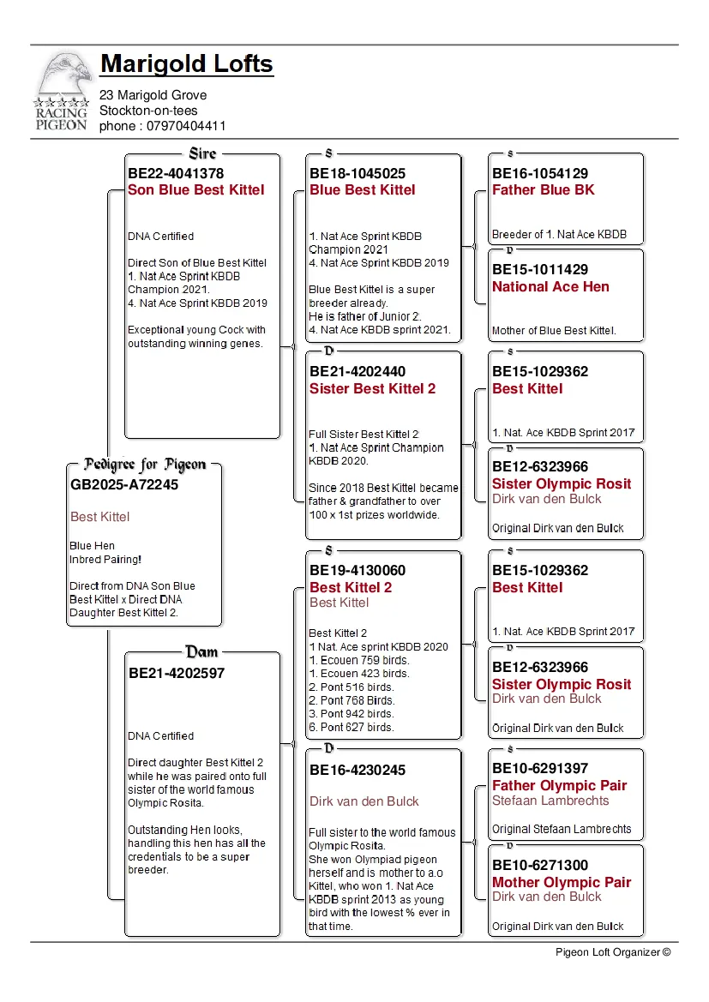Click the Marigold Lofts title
point(187,64)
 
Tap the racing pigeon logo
point(62,91)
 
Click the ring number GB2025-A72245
point(124,484)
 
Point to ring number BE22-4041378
point(176,173)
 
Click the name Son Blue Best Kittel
point(196,190)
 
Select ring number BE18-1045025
point(358,173)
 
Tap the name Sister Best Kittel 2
point(372,389)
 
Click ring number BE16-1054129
point(540,173)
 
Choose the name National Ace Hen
point(550,287)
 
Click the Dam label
point(202,652)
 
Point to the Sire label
point(202,153)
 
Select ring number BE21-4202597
point(177,674)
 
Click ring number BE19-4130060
point(358,571)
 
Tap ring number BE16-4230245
point(358,770)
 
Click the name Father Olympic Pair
point(559,786)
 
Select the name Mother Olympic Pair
point(562,883)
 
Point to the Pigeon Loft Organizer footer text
point(612,951)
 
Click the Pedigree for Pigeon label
point(145,465)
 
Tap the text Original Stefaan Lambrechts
point(562,829)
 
